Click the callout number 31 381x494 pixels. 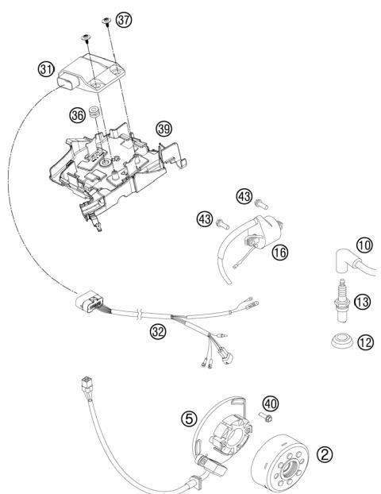[47, 69]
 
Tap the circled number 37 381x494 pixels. [123, 20]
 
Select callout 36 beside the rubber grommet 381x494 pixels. [76, 116]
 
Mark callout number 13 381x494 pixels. [362, 301]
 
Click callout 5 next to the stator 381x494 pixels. [189, 417]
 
